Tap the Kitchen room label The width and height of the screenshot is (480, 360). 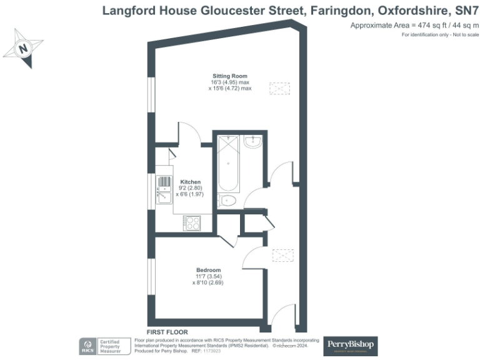[x=190, y=182]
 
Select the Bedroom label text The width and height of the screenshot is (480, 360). [x=207, y=270]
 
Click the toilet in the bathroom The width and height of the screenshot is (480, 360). [x=227, y=201]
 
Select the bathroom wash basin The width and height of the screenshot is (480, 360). [x=253, y=143]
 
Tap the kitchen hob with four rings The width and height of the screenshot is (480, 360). [x=191, y=222]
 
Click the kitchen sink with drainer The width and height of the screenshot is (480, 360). [x=164, y=190]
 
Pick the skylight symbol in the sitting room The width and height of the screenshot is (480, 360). [x=279, y=88]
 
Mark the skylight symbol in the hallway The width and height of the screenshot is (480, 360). [x=282, y=256]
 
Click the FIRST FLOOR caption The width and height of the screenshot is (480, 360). [x=167, y=332]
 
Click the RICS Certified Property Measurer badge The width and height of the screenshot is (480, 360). [x=104, y=346]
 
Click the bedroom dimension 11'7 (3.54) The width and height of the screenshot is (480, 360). [x=207, y=276]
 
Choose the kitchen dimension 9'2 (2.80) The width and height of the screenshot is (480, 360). [x=190, y=188]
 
